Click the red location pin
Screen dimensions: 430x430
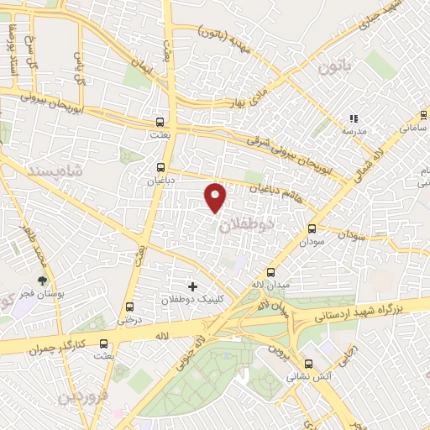click(x=216, y=197)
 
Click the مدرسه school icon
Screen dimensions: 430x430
click(x=354, y=119)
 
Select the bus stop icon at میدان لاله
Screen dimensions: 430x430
click(x=270, y=272)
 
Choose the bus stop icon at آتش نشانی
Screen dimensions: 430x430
click(x=308, y=364)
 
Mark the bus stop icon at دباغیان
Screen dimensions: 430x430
click(x=160, y=166)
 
